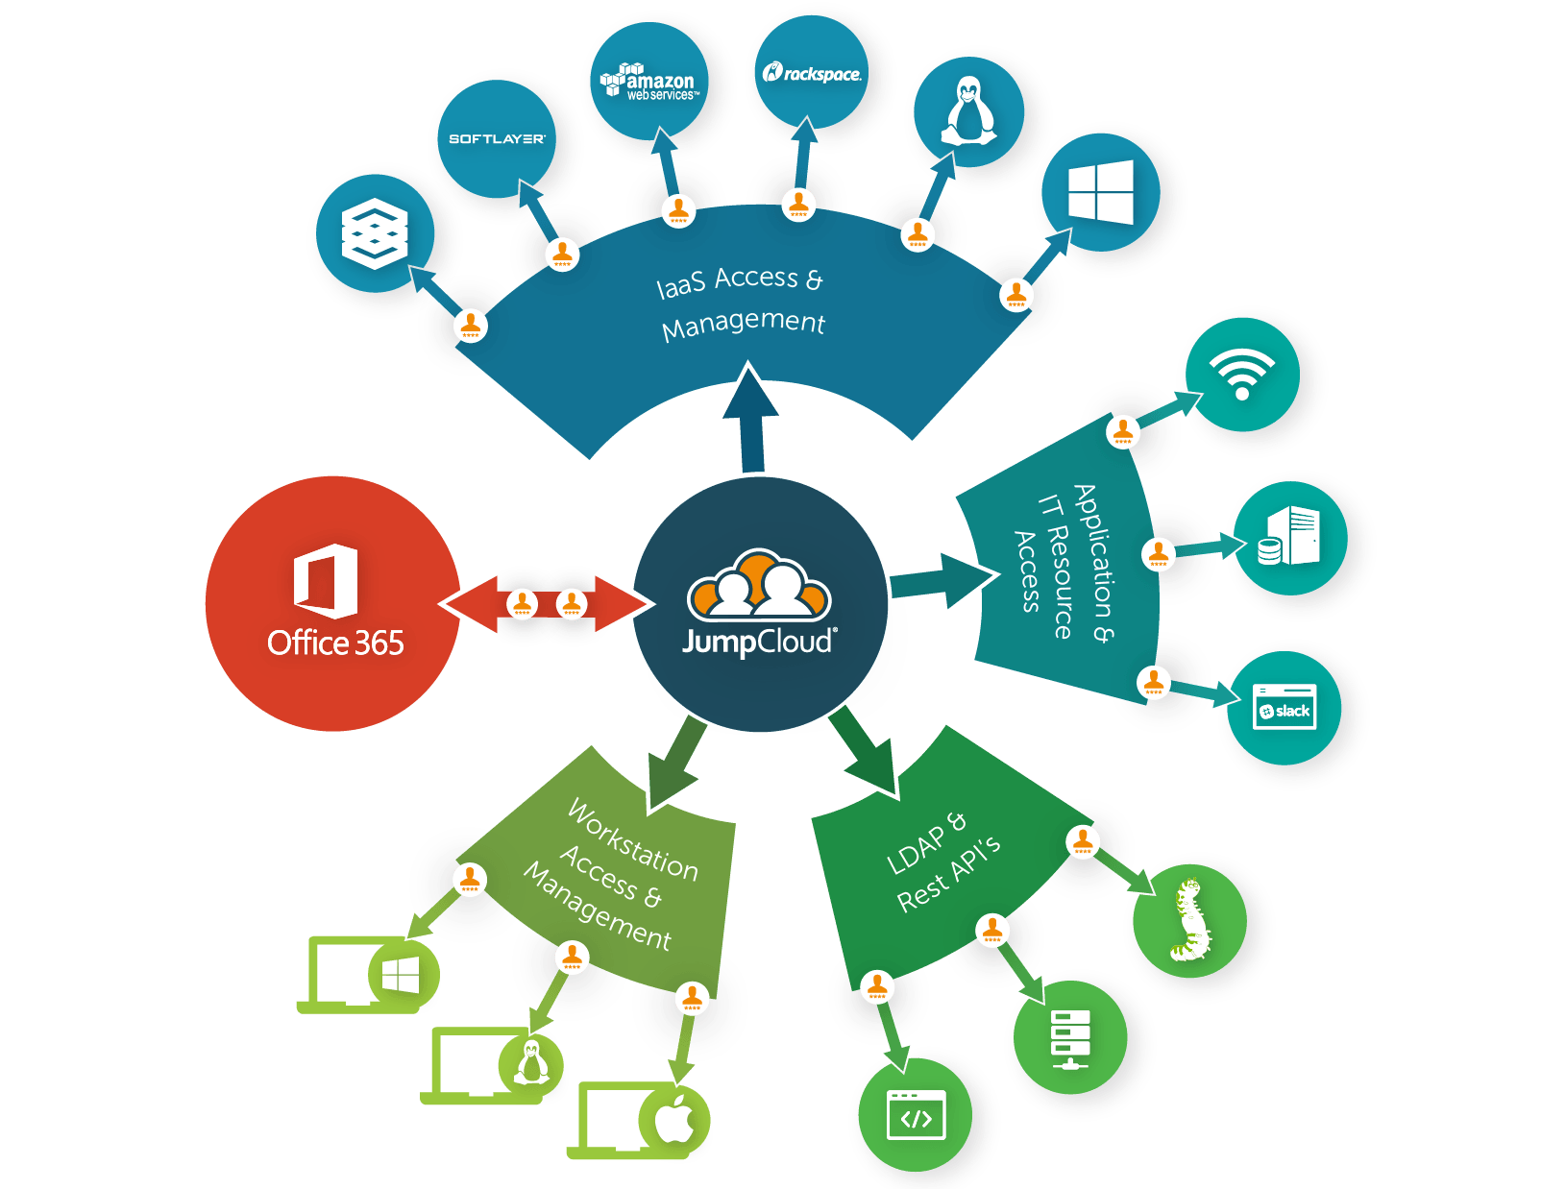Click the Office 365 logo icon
[326, 581]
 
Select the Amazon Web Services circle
[648, 83]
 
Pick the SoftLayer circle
[497, 139]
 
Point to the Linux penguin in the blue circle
[968, 111]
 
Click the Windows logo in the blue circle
[1101, 192]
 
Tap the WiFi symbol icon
[1242, 374]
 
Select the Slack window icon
[1285, 709]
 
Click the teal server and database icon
[1289, 538]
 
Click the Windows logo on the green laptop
[402, 976]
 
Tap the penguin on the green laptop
[530, 1063]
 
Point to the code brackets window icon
[916, 1116]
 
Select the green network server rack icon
[1069, 1037]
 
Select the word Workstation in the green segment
[632, 841]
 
